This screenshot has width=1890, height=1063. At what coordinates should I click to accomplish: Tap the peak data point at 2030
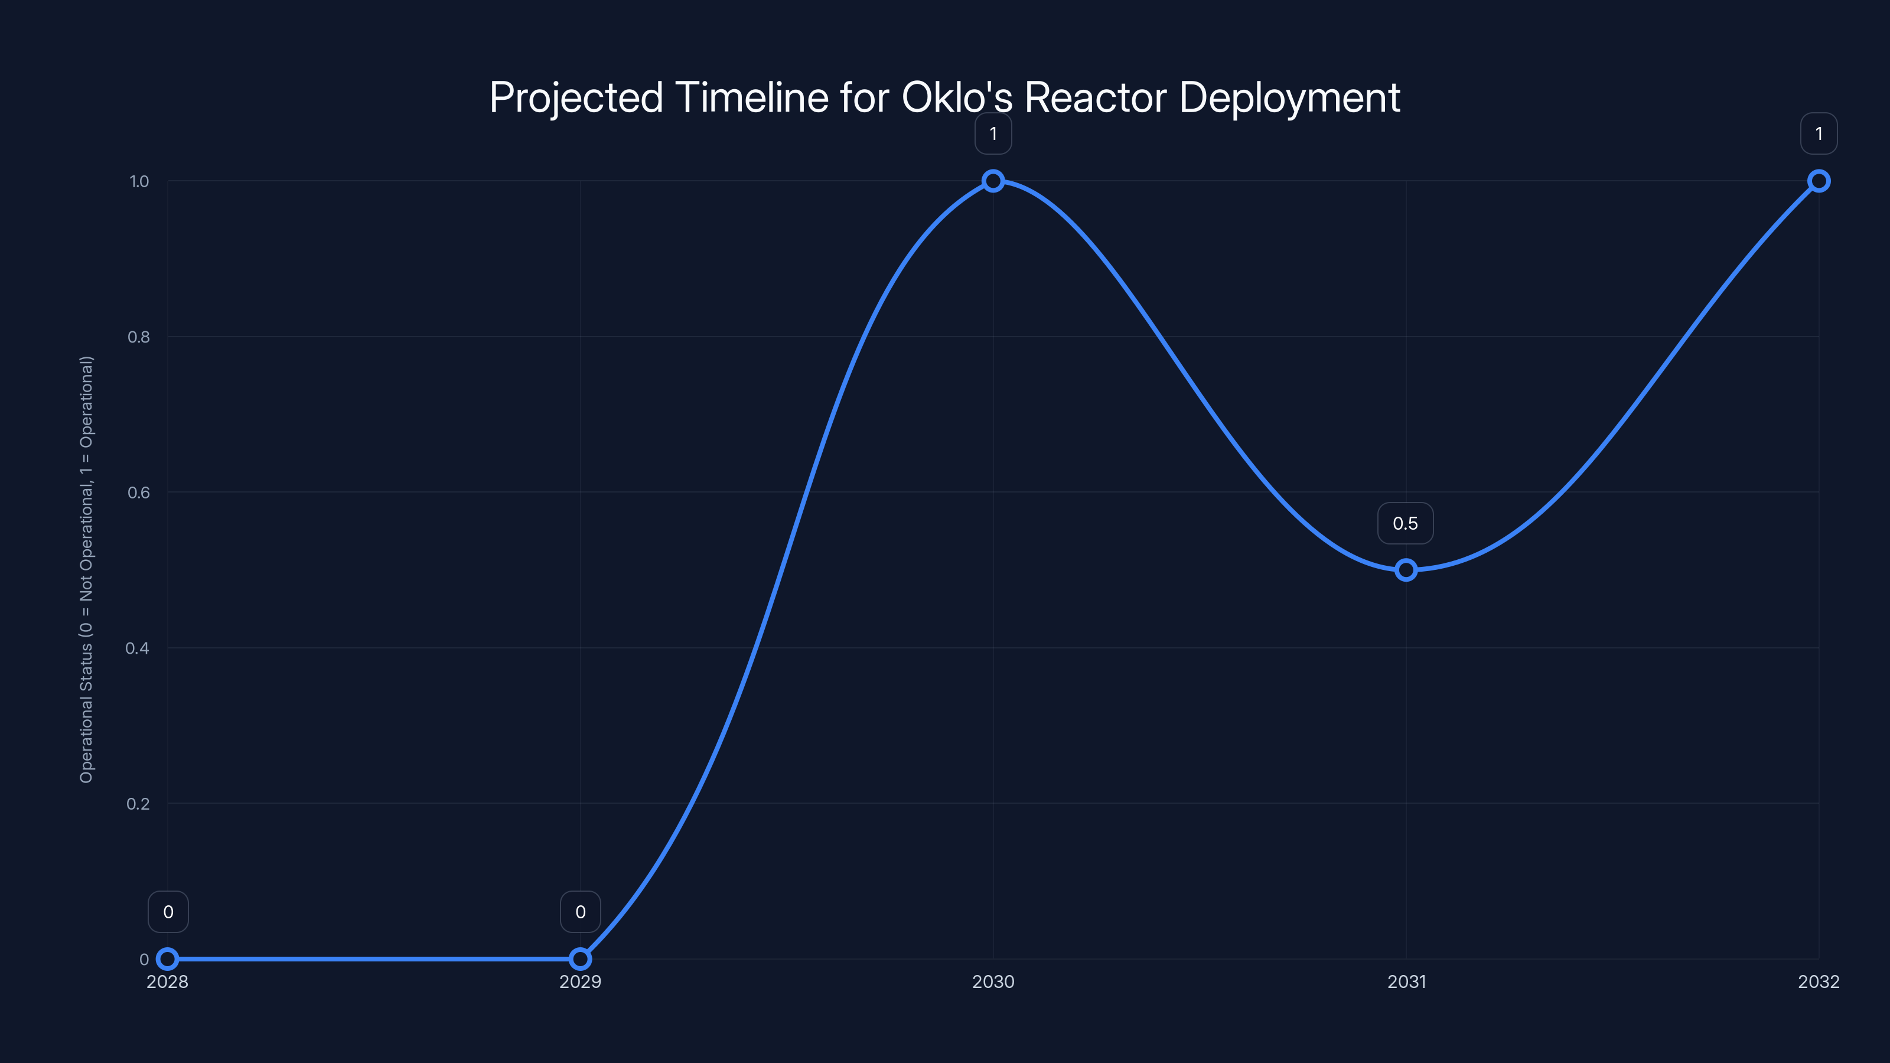993,181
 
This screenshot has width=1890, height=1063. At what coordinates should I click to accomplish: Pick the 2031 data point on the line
1406,570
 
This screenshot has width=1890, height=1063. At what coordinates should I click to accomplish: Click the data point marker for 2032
1819,181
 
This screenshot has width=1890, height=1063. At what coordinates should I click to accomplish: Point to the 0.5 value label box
1405,523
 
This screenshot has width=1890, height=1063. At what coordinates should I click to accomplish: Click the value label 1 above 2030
993,133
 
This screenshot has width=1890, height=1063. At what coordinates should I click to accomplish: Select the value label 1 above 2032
1819,133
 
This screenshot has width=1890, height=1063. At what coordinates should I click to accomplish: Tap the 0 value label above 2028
168,912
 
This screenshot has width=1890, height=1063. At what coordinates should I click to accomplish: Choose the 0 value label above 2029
581,912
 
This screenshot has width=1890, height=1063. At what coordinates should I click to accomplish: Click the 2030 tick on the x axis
993,982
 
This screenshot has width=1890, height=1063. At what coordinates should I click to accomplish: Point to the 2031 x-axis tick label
1406,982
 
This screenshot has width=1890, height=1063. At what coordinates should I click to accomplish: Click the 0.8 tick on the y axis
138,337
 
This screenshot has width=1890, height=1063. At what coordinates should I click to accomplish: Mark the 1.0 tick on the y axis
139,181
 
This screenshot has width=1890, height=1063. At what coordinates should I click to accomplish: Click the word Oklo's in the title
956,97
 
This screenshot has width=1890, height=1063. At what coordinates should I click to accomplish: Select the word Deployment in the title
1289,97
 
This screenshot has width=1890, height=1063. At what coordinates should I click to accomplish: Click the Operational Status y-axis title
87,569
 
